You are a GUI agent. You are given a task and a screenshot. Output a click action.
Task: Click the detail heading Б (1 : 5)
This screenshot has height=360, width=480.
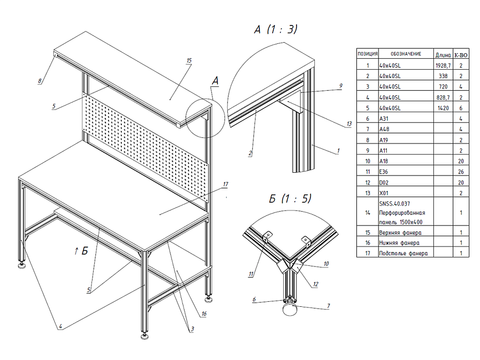[290, 198]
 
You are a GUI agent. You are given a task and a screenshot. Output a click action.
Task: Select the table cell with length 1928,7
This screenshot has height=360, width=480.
[443, 65]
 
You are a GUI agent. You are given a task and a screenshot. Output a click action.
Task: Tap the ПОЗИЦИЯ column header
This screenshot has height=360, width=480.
[367, 54]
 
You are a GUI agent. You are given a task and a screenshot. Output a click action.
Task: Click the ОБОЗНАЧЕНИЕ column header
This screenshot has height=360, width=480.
[405, 54]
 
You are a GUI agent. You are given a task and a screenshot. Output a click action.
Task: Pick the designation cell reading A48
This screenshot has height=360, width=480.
[384, 129]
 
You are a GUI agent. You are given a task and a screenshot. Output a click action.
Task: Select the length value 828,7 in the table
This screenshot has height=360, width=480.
[443, 97]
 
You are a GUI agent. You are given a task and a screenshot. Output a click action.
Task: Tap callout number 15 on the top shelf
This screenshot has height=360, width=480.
[189, 60]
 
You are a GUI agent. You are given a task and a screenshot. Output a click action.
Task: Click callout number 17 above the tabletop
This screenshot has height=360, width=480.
[226, 184]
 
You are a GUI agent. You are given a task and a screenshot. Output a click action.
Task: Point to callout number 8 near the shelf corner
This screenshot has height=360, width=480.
[40, 81]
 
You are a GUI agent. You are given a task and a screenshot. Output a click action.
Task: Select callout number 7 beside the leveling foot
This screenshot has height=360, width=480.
[328, 305]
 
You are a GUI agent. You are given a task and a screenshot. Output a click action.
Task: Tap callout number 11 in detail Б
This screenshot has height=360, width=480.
[252, 273]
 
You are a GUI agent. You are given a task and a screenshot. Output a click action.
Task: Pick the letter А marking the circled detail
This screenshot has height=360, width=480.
[215, 81]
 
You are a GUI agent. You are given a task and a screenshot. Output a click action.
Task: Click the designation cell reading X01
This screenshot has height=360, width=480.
[384, 192]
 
